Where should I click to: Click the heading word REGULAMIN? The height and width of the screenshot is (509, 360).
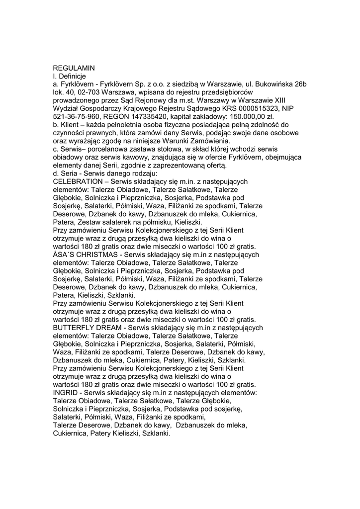click(74, 68)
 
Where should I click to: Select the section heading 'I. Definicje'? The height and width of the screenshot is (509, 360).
click(70, 76)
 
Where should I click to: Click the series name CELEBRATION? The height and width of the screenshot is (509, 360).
click(78, 182)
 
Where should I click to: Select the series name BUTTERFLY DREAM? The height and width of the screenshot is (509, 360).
click(87, 328)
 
